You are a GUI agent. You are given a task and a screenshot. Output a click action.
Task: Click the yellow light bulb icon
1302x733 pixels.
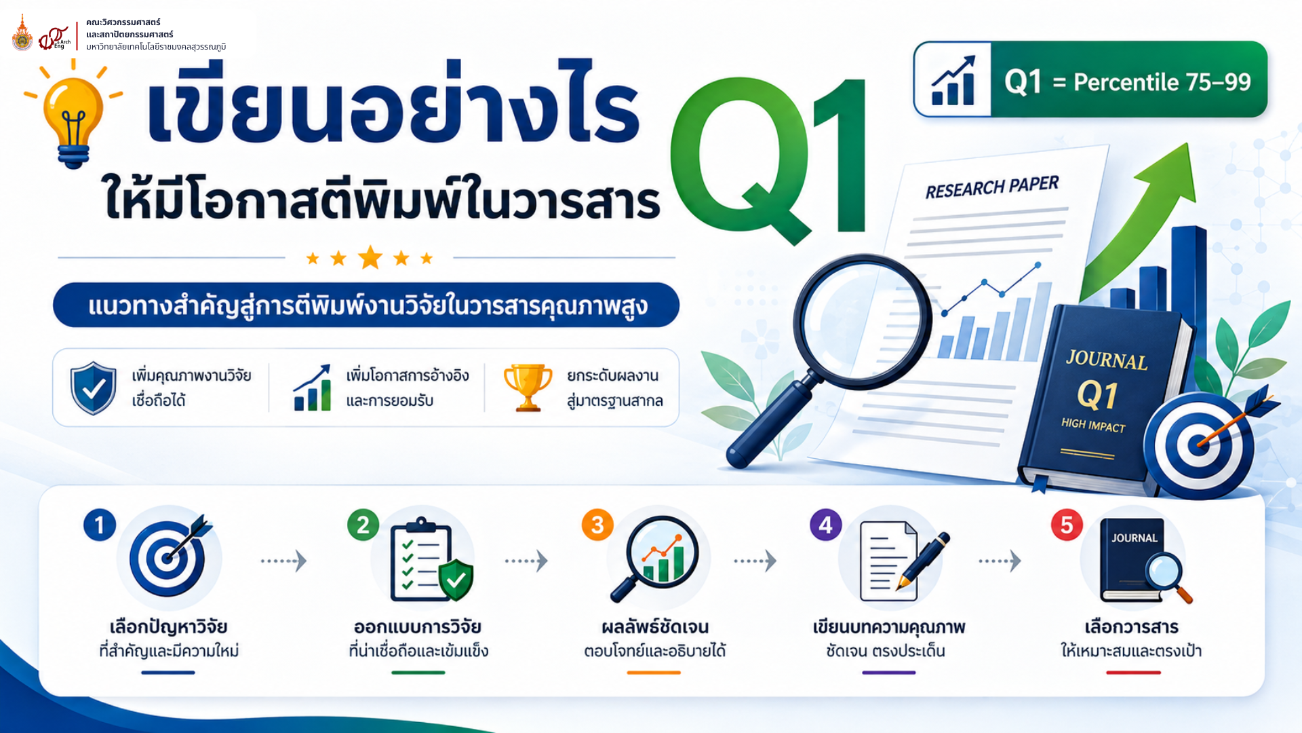coord(73,115)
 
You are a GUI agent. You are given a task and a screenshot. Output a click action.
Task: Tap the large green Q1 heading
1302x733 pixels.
coord(769,159)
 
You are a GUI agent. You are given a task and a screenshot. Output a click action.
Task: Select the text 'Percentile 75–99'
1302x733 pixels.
coord(1162,82)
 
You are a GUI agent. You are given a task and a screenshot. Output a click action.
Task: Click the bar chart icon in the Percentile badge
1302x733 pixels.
coord(953,80)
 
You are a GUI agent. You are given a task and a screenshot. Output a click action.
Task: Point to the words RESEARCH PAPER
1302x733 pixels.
coord(992,187)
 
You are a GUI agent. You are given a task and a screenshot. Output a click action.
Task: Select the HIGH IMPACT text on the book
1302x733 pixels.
coord(1093,425)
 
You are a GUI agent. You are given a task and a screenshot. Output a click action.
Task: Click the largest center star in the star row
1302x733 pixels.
coord(370,258)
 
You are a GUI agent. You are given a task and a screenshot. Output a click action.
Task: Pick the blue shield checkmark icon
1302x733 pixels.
coord(94,388)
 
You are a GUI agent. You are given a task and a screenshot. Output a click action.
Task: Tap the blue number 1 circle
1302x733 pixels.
coord(100,525)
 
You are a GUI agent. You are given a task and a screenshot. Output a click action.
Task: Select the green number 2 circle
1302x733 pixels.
coord(363,525)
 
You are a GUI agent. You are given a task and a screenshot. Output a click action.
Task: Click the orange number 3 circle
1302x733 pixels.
coord(597,525)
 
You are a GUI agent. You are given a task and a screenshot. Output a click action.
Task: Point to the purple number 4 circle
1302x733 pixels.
coord(826,525)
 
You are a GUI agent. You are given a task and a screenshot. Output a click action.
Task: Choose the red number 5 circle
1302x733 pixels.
coord(1067,525)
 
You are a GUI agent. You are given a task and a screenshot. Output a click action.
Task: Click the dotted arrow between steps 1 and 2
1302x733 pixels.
coord(284,561)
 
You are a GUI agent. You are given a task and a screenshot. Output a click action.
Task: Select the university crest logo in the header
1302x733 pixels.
coord(22,33)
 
